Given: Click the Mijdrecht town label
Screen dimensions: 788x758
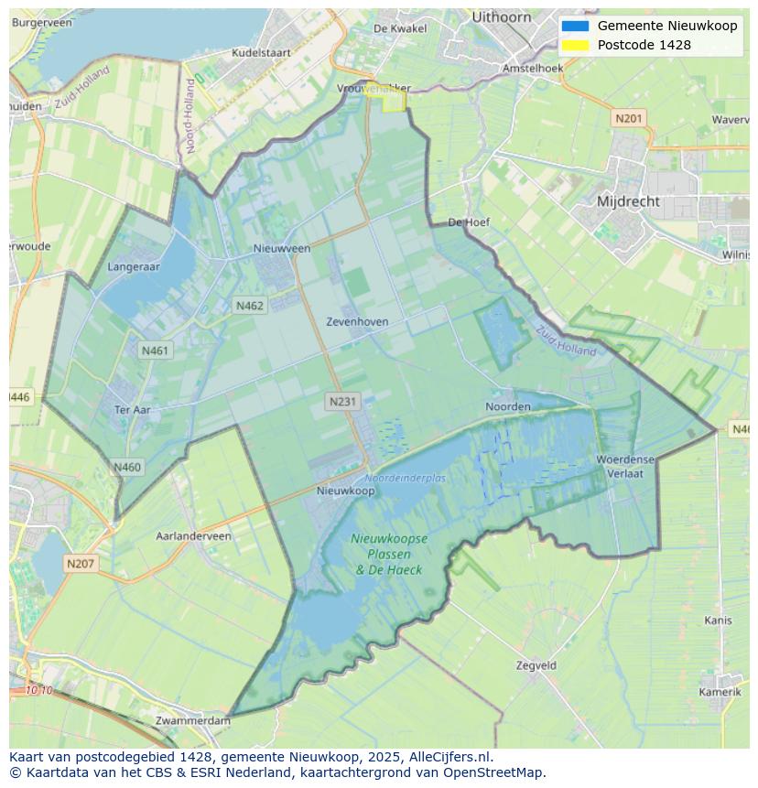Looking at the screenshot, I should click(x=627, y=201).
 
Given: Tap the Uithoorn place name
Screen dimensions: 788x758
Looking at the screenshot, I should click(x=502, y=16).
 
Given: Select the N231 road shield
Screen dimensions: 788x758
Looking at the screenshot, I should click(x=342, y=401).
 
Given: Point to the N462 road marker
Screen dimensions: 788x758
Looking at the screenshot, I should click(x=249, y=306).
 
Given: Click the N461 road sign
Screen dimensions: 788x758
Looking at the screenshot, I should click(x=155, y=350).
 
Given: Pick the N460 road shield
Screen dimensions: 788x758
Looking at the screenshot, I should click(x=127, y=467).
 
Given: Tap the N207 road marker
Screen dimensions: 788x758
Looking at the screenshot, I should click(x=80, y=564).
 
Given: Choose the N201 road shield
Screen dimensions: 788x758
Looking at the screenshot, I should click(x=629, y=118).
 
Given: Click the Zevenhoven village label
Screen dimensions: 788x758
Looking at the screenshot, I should click(x=357, y=322).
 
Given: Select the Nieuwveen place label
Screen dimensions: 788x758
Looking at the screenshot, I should click(x=282, y=248).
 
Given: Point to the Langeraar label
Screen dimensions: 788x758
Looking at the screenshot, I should click(x=134, y=267).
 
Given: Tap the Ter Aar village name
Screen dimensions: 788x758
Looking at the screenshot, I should click(x=132, y=410).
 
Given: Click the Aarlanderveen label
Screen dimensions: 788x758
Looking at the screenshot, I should click(x=194, y=536).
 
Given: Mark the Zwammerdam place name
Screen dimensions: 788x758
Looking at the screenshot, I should click(x=193, y=721).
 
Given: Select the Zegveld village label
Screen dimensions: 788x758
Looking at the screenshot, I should click(x=536, y=665).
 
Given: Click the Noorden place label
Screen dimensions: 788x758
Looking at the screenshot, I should click(x=508, y=406).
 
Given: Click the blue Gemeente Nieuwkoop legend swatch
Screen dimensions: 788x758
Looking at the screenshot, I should click(x=575, y=26).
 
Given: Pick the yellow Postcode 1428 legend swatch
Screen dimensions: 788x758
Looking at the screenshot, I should click(x=575, y=45).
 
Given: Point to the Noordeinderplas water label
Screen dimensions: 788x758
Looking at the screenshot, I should click(x=405, y=479).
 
